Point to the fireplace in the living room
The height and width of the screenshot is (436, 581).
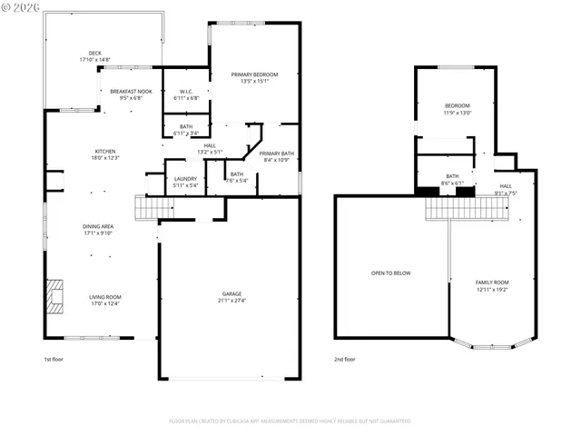click(x=56, y=296)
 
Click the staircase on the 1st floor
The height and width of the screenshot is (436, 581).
click(x=146, y=208)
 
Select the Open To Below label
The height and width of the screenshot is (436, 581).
click(x=391, y=272)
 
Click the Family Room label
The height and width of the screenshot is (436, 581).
click(x=492, y=285)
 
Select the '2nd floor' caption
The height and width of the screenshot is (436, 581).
click(x=344, y=359)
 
